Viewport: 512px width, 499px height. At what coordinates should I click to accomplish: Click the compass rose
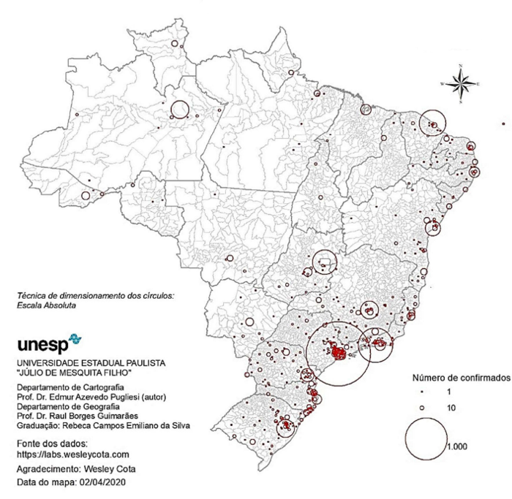[x=460, y=85]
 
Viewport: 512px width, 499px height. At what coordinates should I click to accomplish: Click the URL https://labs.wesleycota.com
[x=72, y=454]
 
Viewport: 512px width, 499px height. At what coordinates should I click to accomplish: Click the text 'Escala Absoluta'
[x=47, y=305]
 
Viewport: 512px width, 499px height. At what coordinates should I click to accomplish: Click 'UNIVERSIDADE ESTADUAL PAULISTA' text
[x=91, y=362]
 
